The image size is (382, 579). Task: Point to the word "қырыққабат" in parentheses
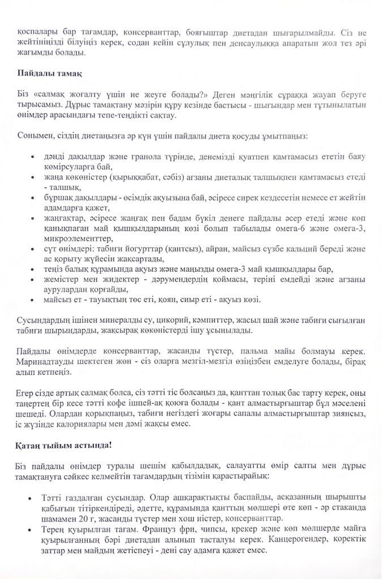(127, 177)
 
